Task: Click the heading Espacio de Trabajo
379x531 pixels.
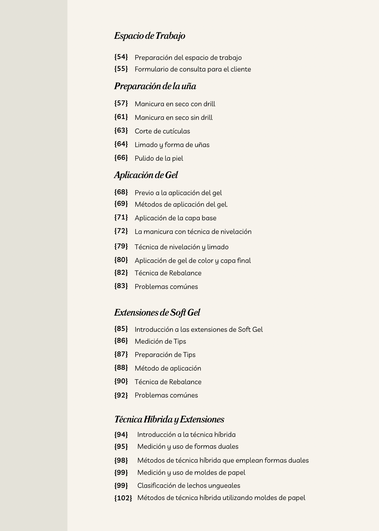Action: pos(150,36)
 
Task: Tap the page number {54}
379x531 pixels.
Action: pos(121,57)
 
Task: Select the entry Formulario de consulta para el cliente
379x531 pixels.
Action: pos(193,69)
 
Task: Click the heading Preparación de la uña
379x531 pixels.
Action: pos(155,86)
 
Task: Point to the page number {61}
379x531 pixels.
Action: pos(121,117)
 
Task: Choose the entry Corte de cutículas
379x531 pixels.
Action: pos(162,131)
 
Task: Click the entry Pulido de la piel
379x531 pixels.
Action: pos(159,158)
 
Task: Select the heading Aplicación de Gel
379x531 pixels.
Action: pos(146,175)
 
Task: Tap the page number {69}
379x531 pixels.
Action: pos(121,204)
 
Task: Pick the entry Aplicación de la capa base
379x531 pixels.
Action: pos(175,218)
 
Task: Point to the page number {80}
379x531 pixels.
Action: pos(121,260)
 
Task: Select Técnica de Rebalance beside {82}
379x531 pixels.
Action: pos(168,273)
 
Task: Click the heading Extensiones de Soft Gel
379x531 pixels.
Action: pos(157,313)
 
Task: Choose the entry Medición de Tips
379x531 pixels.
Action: pos(160,341)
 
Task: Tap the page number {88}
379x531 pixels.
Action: pos(121,368)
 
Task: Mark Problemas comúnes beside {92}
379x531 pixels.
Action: pos(166,395)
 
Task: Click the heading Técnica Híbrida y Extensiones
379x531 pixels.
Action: pos(169,420)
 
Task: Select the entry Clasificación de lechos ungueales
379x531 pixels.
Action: pos(189,486)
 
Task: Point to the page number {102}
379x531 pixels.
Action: pos(123,498)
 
